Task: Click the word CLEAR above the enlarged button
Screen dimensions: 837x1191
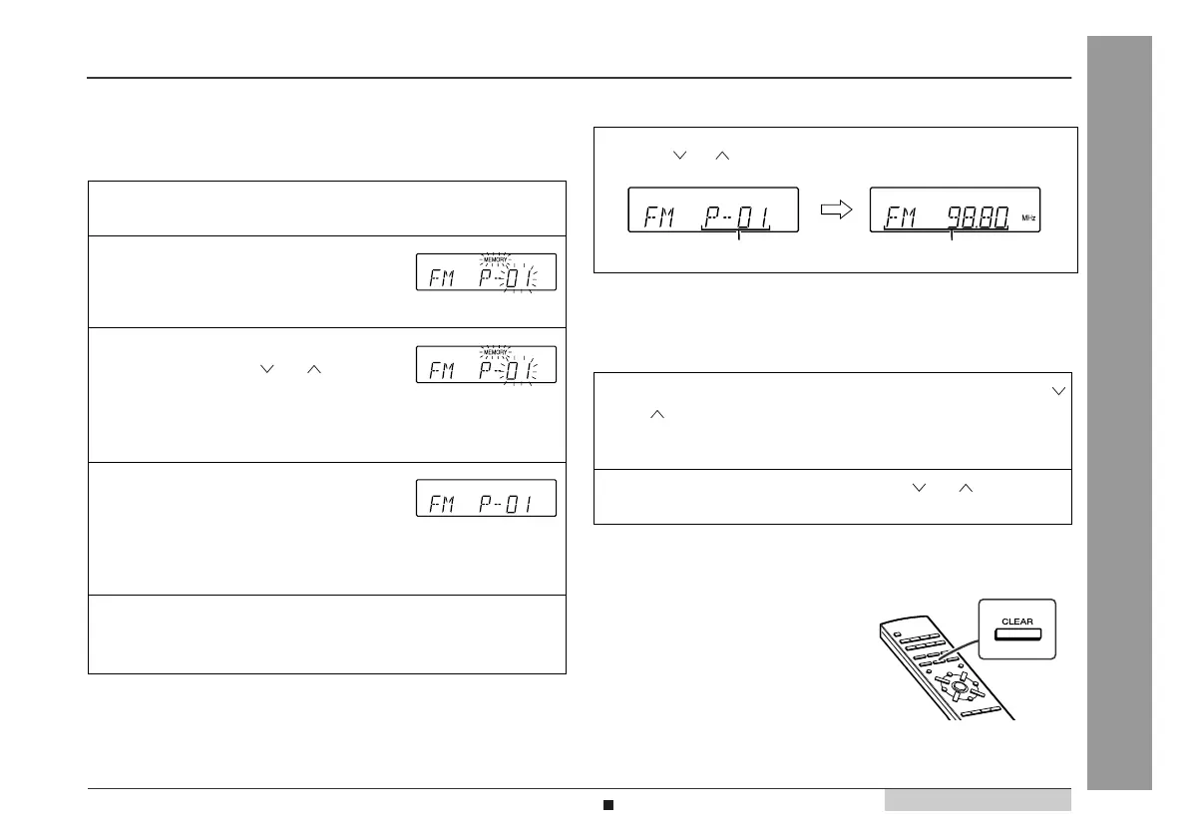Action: pyautogui.click(x=1018, y=621)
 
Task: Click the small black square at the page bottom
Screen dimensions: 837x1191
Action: pyautogui.click(x=606, y=803)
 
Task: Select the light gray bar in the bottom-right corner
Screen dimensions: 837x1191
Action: pyautogui.click(x=977, y=800)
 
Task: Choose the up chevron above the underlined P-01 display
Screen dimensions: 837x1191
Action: pyautogui.click(x=723, y=155)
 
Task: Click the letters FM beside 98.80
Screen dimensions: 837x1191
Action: pyautogui.click(x=902, y=212)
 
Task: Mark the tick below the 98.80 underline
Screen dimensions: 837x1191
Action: pyautogui.click(x=953, y=236)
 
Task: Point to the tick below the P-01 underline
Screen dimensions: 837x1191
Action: pyautogui.click(x=738, y=236)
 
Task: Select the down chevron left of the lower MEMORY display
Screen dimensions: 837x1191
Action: pyautogui.click(x=266, y=369)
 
